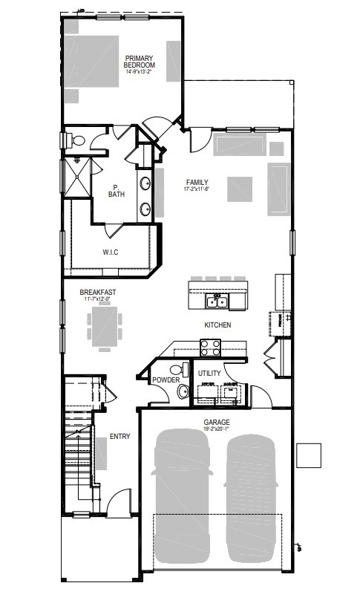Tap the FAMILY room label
click(197, 183)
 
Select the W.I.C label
click(111, 253)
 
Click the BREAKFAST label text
click(97, 293)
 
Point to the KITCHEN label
click(217, 325)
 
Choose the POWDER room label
click(166, 380)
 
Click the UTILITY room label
click(209, 373)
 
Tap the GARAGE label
click(217, 422)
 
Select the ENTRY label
click(120, 437)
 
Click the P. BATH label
click(117, 191)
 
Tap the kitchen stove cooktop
click(210, 345)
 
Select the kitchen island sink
click(217, 301)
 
